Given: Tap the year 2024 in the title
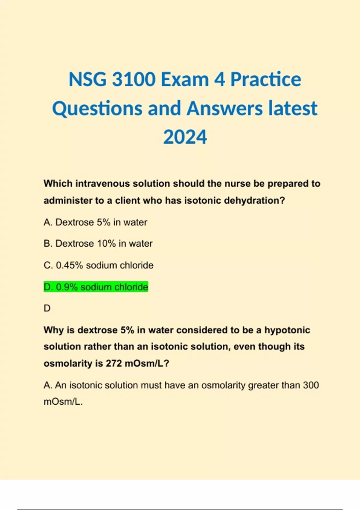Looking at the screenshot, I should (185, 137).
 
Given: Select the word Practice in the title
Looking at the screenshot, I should (265, 79).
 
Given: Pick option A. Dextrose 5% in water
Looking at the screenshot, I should (95, 222).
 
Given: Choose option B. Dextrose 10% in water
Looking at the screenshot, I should (98, 244).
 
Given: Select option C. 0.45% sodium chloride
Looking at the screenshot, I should (98, 265).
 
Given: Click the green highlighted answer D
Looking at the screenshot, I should (96, 287).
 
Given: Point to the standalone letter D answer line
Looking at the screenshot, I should (47, 308).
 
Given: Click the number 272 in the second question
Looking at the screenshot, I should (114, 363).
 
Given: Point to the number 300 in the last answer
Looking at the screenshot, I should (311, 385).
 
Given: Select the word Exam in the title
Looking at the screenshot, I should (185, 79).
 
